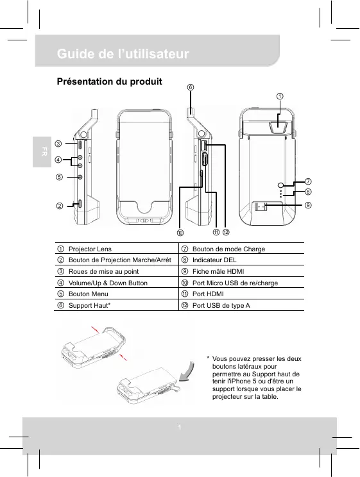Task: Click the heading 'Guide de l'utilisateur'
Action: pyautogui.click(x=123, y=54)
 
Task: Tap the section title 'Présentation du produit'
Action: pyautogui.click(x=109, y=81)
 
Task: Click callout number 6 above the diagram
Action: pyautogui.click(x=191, y=87)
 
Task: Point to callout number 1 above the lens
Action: pyautogui.click(x=280, y=96)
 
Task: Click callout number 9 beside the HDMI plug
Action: pyautogui.click(x=308, y=205)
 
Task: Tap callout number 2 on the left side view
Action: pyautogui.click(x=60, y=206)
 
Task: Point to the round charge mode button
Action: pyautogui.click(x=281, y=185)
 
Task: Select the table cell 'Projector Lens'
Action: pyautogui.click(x=90, y=249)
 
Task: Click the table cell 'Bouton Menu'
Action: pyautogui.click(x=89, y=294)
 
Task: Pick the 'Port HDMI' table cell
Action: pyautogui.click(x=208, y=294)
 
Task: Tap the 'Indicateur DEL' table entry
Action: pyautogui.click(x=214, y=260)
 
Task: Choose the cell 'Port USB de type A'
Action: pyautogui.click(x=221, y=305)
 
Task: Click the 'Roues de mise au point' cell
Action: pyautogui.click(x=103, y=271)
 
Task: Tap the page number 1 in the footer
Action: pyautogui.click(x=180, y=428)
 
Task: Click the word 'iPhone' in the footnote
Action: pyautogui.click(x=238, y=381)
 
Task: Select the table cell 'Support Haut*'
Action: pyautogui.click(x=90, y=305)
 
